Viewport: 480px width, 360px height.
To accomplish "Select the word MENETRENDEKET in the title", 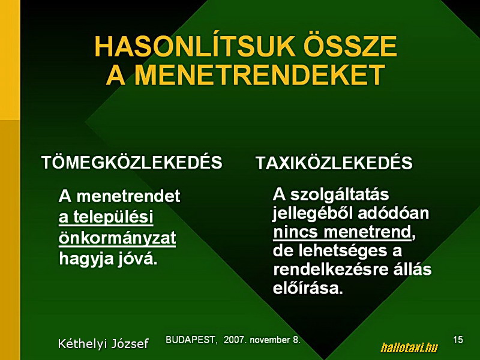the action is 260,74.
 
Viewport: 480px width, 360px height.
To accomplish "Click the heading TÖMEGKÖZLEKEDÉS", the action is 132,161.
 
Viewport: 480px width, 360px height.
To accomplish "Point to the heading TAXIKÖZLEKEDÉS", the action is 334,162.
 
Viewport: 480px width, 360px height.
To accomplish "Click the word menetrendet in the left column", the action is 128,196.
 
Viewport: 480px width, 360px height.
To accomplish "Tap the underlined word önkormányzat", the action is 117,238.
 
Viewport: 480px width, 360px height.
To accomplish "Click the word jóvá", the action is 137,259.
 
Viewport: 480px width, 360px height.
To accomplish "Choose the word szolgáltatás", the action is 340,194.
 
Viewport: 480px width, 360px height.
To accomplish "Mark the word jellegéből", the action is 313,214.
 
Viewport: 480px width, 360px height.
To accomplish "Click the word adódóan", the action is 394,214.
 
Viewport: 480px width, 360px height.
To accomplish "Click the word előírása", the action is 308,288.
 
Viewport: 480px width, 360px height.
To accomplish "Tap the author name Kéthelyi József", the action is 103,343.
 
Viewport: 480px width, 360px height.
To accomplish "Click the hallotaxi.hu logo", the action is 409,348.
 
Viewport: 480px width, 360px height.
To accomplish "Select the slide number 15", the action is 458,340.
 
